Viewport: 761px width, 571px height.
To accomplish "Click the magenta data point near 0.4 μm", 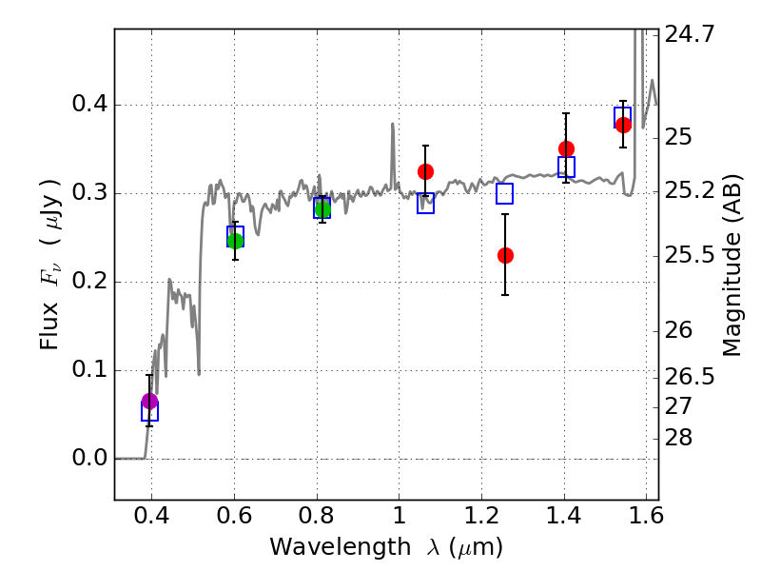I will pos(149,401).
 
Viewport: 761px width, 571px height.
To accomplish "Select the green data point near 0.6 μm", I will pos(235,240).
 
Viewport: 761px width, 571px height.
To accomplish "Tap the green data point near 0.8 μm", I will pos(322,209).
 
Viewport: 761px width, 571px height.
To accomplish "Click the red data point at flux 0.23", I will pos(505,255).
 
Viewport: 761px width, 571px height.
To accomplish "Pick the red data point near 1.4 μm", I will pos(566,148).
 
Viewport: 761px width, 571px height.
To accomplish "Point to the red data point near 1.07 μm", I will pos(425,171).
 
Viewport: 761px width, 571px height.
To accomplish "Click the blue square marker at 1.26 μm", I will pos(504,193).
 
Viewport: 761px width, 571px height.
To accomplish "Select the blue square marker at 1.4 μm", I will pos(566,167).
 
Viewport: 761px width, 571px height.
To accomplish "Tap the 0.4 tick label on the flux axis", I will pos(89,105).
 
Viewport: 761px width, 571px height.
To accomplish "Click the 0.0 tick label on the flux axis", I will pos(89,459).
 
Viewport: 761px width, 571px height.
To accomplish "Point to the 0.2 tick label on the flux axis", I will pos(89,282).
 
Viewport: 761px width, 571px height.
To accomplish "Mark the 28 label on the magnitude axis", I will pos(681,438).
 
